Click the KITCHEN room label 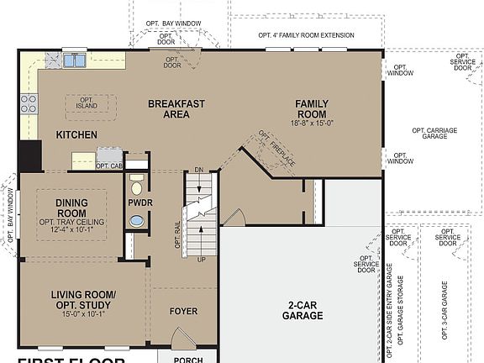76,134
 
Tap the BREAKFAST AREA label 176,109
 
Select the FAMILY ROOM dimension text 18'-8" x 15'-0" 312,123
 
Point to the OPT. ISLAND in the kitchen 87,103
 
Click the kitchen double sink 74,60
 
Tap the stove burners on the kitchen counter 29,103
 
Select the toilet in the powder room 137,186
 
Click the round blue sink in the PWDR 136,222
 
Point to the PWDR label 139,203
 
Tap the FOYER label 183,312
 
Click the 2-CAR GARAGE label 302,310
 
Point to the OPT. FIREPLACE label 276,150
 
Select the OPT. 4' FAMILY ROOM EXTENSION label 306,35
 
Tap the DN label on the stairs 198,170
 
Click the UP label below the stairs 201,260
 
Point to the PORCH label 187,360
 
